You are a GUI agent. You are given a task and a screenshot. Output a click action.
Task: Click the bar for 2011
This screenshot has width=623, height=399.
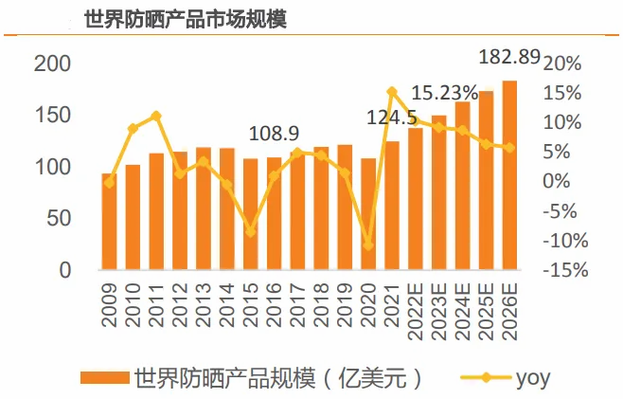[x=156, y=211]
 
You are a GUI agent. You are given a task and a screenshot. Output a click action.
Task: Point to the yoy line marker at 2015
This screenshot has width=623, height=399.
[x=250, y=231]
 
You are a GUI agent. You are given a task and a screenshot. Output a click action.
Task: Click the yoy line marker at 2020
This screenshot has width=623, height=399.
[x=368, y=245]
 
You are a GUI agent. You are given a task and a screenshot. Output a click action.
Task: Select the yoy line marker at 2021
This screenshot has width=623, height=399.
[x=392, y=92]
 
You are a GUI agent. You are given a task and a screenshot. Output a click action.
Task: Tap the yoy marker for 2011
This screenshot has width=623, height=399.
[x=156, y=116]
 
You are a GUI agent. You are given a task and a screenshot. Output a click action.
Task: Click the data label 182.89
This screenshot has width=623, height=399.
[x=509, y=58]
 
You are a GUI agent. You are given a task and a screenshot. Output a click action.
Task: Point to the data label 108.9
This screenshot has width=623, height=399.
[x=274, y=134]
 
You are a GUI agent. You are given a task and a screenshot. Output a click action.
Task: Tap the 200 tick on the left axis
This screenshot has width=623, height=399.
[x=52, y=63]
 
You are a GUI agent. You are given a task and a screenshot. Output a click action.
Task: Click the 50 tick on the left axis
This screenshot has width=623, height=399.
[x=59, y=218]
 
